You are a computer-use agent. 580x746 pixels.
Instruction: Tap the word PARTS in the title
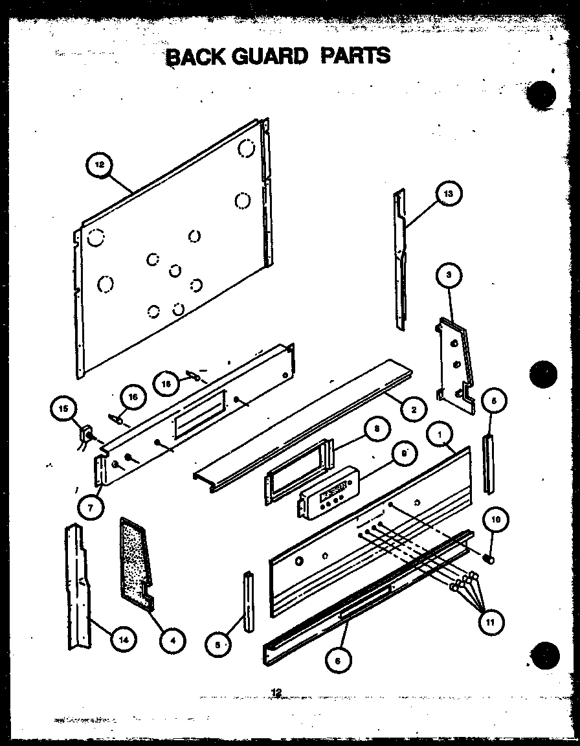356,55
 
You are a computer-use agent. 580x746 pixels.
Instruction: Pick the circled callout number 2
413,409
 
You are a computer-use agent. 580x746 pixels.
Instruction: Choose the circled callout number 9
405,455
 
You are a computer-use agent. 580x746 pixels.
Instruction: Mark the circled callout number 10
495,519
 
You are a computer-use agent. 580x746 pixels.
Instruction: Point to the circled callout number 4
172,641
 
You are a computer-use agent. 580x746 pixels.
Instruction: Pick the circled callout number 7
91,507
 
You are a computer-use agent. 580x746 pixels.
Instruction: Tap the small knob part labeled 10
491,555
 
